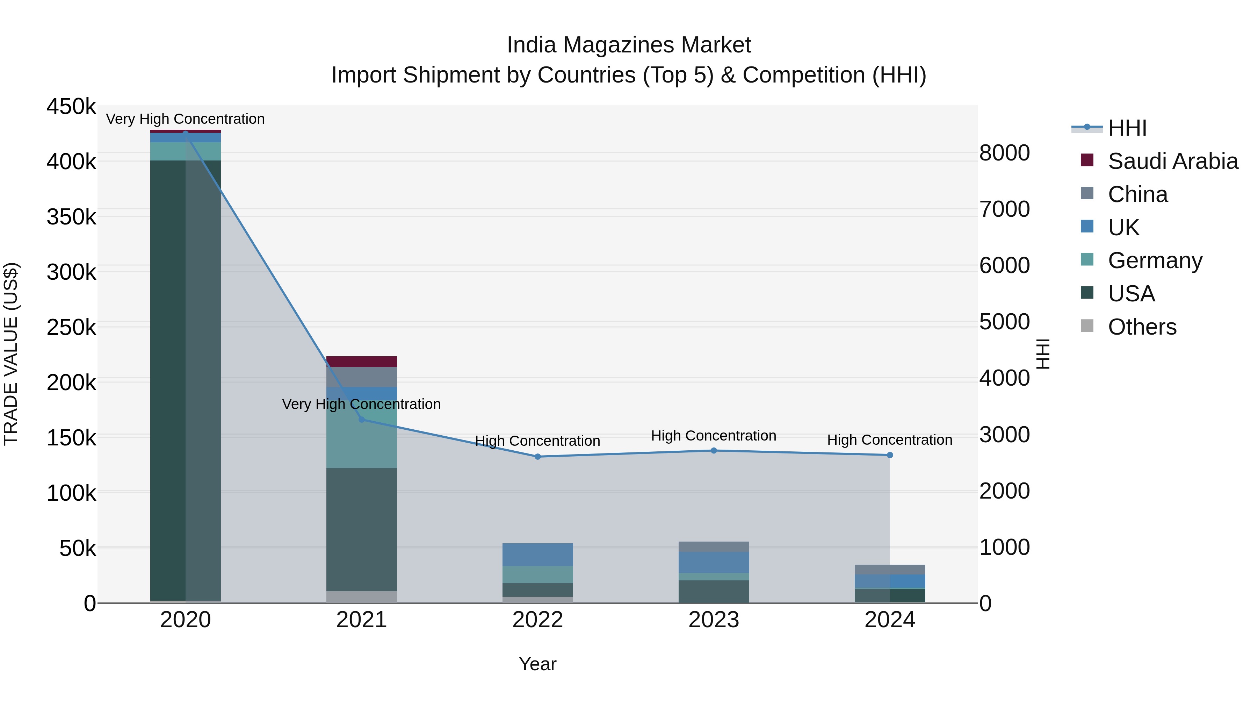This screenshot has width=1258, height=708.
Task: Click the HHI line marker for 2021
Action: [x=361, y=419]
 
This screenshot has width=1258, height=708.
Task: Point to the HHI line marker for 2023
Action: [x=714, y=451]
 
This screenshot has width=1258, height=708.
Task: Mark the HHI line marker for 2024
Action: [x=890, y=455]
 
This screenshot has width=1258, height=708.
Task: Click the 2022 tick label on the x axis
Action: [x=538, y=620]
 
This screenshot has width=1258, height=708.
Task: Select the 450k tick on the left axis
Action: [x=71, y=107]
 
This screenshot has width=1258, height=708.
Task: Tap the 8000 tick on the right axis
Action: [x=1005, y=153]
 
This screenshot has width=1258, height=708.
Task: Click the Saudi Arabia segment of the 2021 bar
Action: [x=361, y=362]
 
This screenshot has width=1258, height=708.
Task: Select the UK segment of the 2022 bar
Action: [x=538, y=555]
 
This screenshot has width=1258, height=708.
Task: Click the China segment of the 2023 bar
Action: [x=714, y=546]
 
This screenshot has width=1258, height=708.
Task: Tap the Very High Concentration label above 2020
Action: [x=185, y=119]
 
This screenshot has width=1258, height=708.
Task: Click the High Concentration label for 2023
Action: [x=714, y=435]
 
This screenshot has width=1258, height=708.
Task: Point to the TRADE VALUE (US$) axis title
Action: [x=11, y=354]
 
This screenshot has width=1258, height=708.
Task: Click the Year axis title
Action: [x=538, y=664]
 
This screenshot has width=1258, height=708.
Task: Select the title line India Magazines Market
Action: [x=629, y=45]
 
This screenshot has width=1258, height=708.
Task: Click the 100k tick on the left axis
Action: [x=71, y=493]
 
